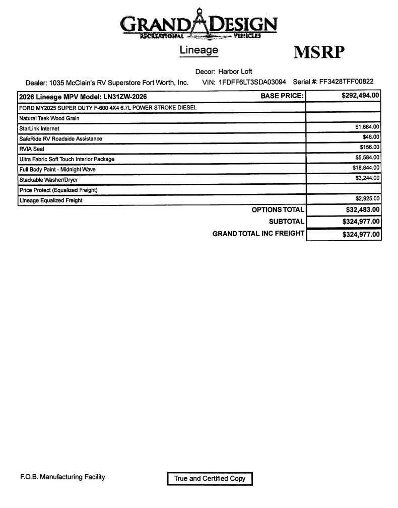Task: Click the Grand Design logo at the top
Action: click(x=198, y=24)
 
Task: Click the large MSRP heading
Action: click(x=319, y=52)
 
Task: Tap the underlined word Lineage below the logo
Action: click(x=199, y=50)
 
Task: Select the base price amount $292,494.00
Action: click(x=360, y=95)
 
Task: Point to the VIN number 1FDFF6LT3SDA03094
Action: click(x=252, y=82)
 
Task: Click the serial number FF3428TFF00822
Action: click(x=346, y=82)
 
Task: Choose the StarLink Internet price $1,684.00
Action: click(x=367, y=127)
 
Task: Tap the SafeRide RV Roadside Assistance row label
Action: click(x=60, y=138)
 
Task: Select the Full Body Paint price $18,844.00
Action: click(x=366, y=168)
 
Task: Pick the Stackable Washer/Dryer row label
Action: click(x=48, y=180)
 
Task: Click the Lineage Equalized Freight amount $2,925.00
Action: click(x=367, y=199)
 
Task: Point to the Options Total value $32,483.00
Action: click(x=362, y=210)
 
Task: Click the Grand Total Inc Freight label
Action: click(x=258, y=234)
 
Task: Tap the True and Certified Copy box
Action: click(x=210, y=479)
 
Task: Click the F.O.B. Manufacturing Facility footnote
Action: click(x=62, y=477)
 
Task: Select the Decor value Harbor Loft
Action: click(x=235, y=71)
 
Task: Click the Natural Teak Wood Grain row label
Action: click(x=49, y=118)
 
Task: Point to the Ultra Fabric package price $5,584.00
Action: click(x=367, y=158)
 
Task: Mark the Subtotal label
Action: click(x=286, y=222)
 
